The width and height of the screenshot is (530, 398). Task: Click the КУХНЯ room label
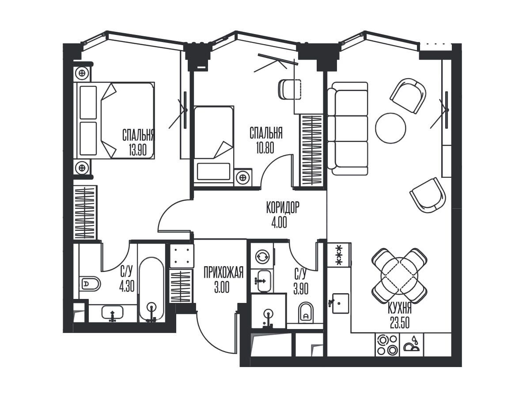pos(400,309)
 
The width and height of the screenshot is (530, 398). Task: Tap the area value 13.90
pos(138,150)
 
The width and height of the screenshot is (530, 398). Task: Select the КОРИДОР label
pos(283,207)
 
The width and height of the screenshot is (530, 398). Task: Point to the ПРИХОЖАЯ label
pos(223,272)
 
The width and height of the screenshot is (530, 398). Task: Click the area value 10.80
pos(265,148)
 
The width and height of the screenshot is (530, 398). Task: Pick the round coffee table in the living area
pos(390,128)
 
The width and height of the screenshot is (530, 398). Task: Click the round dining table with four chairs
pos(400,276)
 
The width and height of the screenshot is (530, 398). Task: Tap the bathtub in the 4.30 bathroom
pos(151,289)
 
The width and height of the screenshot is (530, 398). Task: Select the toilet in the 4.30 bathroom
pos(90,283)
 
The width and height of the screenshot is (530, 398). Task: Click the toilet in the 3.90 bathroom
pos(306,313)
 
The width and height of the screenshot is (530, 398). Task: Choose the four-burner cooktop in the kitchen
pos(387,344)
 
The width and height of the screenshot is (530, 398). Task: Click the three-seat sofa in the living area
pos(348,128)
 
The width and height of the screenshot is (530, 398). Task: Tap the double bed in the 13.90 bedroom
pos(114,121)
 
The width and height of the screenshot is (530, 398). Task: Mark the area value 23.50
pos(400,323)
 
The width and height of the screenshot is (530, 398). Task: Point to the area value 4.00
pos(279,222)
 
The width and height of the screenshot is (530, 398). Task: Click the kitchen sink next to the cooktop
pos(341,303)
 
